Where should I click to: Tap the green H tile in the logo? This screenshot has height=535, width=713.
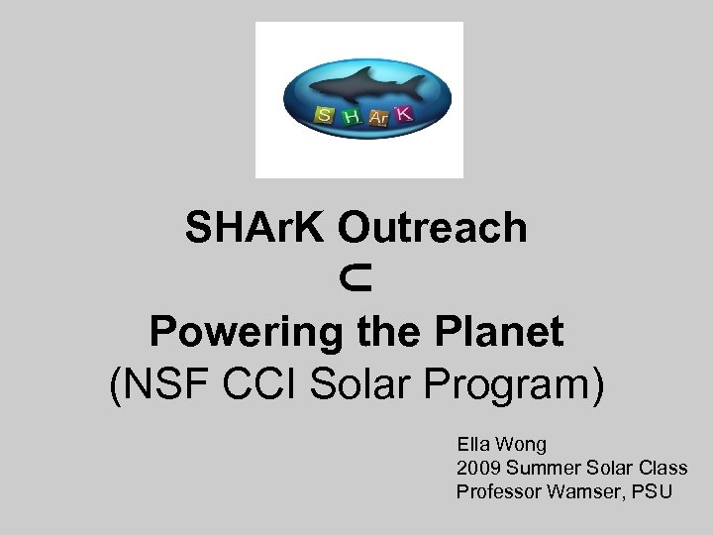[351, 118]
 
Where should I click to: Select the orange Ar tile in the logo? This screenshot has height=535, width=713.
[377, 119]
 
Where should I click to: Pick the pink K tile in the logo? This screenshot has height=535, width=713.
[403, 115]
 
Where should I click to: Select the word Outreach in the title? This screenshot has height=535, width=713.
[433, 229]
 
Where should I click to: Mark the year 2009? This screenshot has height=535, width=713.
[476, 468]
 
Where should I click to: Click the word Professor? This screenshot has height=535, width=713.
[498, 491]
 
